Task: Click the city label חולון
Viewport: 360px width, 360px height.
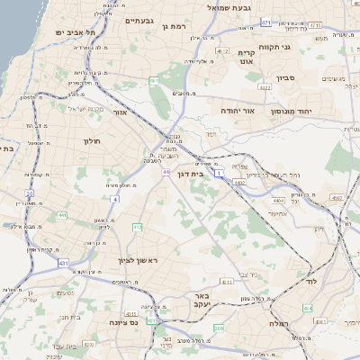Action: click(x=93, y=141)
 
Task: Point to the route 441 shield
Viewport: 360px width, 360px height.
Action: click(x=62, y=215)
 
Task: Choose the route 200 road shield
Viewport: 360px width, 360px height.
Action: click(x=220, y=328)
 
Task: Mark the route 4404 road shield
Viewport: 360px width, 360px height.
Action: click(x=276, y=197)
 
